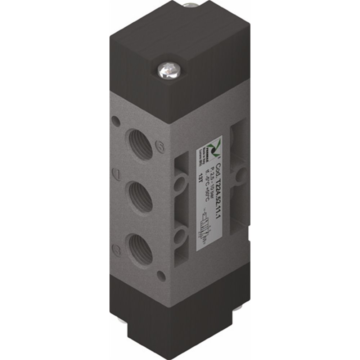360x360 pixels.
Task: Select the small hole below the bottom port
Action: pyautogui.click(x=162, y=276)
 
